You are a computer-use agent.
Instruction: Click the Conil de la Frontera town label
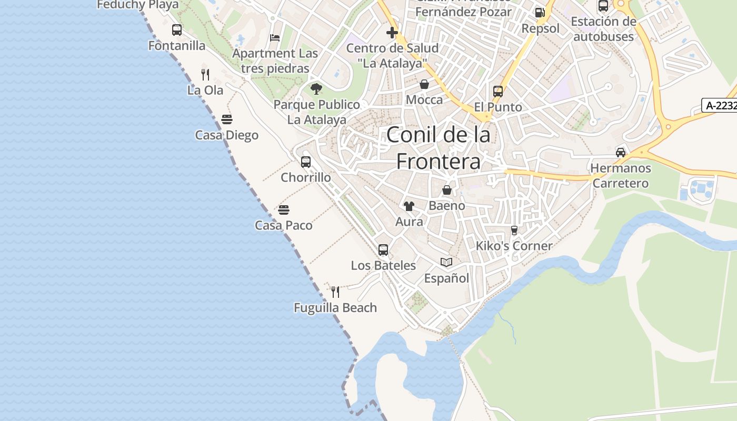pyautogui.click(x=438, y=148)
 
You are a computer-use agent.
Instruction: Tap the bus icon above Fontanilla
pyautogui.click(x=177, y=30)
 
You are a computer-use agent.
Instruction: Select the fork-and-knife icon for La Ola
pyautogui.click(x=205, y=75)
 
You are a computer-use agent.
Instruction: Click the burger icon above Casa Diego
pyautogui.click(x=227, y=119)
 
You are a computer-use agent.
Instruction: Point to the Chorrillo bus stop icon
pyautogui.click(x=306, y=162)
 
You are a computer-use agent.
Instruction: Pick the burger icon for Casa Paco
pyautogui.click(x=284, y=210)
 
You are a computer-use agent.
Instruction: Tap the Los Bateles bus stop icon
pyautogui.click(x=383, y=250)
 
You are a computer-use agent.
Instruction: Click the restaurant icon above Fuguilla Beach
pyautogui.click(x=335, y=292)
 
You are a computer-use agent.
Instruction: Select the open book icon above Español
pyautogui.click(x=446, y=262)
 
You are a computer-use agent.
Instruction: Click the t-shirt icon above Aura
pyautogui.click(x=409, y=206)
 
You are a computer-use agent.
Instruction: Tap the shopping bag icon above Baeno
pyautogui.click(x=447, y=190)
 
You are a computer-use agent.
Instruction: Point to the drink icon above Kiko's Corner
pyautogui.click(x=514, y=230)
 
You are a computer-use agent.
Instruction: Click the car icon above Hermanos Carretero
pyautogui.click(x=621, y=153)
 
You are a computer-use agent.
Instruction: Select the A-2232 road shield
pyautogui.click(x=720, y=105)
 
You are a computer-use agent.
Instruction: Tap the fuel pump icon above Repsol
pyautogui.click(x=540, y=13)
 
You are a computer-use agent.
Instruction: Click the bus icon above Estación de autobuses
pyautogui.click(x=603, y=6)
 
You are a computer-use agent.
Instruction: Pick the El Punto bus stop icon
pyautogui.click(x=498, y=92)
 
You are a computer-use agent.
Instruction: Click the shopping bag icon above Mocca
pyautogui.click(x=424, y=84)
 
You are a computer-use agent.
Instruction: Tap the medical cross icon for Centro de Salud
pyautogui.click(x=392, y=33)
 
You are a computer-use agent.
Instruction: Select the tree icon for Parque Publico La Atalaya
pyautogui.click(x=316, y=88)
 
